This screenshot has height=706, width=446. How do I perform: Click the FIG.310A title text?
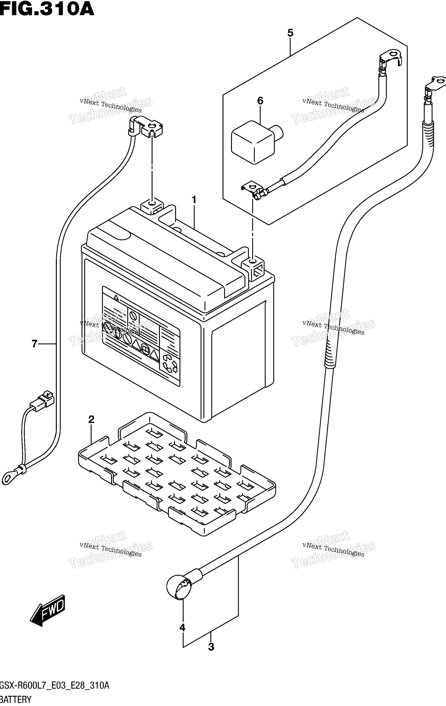coord(47,9)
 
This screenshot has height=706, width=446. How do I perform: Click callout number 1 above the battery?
coord(194,200)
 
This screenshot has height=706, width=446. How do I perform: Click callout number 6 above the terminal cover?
coord(35,344)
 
